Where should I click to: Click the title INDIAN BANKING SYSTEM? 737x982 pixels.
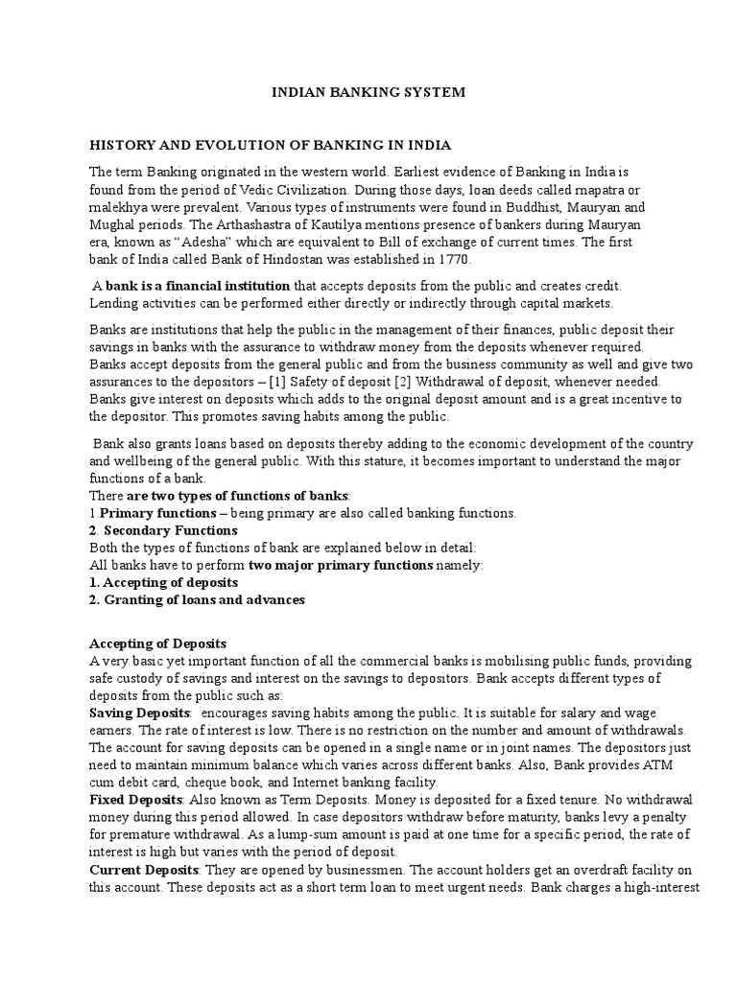tap(369, 93)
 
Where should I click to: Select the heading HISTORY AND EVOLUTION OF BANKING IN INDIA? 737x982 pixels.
tap(270, 146)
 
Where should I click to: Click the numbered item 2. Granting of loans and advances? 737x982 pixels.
tap(197, 599)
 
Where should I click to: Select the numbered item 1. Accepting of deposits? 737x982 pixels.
tap(163, 582)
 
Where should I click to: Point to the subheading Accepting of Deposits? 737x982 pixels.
tap(157, 643)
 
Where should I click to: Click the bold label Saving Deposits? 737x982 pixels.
tap(140, 713)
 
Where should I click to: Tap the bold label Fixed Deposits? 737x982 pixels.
tap(135, 799)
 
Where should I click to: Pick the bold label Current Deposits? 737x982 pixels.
tap(143, 869)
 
